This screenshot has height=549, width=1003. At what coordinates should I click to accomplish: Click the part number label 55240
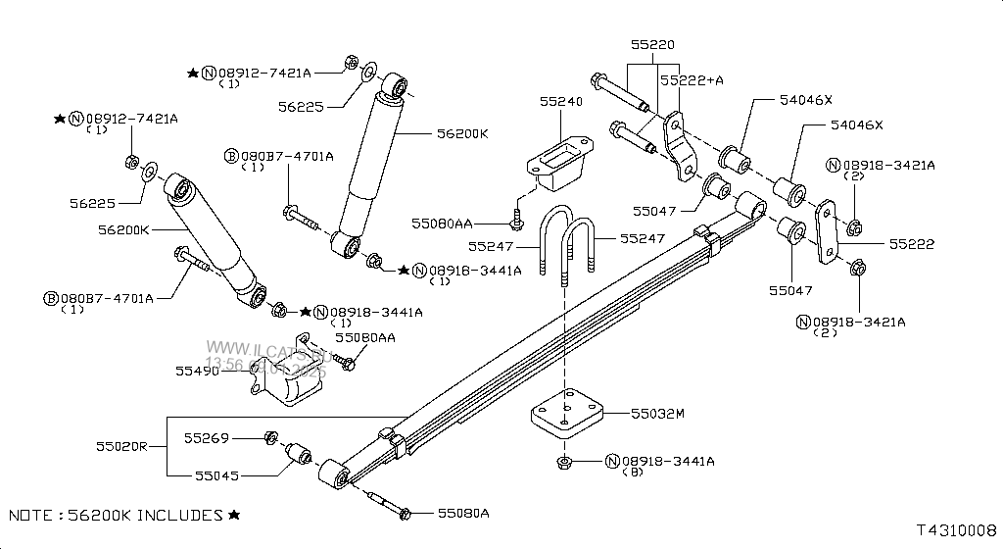pyautogui.click(x=560, y=101)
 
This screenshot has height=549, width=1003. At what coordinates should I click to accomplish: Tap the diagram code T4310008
pyautogui.click(x=956, y=532)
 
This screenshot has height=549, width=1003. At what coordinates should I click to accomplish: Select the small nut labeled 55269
pyautogui.click(x=272, y=437)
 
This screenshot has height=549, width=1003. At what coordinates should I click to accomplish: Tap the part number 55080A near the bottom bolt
pyautogui.click(x=463, y=513)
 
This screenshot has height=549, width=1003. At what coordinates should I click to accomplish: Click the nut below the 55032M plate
pyautogui.click(x=563, y=462)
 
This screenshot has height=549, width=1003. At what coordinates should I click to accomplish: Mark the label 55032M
pyautogui.click(x=656, y=414)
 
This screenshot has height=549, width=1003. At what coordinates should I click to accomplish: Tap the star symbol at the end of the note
pyautogui.click(x=234, y=515)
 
